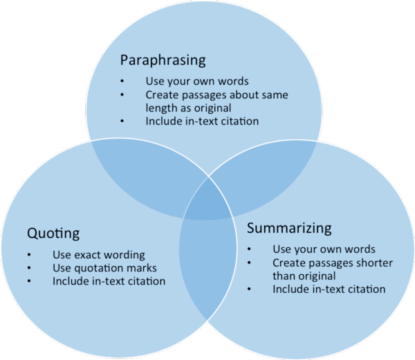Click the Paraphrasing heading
(163, 60)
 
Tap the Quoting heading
(53, 233)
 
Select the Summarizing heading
(289, 228)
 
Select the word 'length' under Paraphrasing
(161, 107)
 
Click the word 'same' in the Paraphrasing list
(262, 94)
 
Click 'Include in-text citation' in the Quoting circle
(109, 281)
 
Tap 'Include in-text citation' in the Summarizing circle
(329, 289)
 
